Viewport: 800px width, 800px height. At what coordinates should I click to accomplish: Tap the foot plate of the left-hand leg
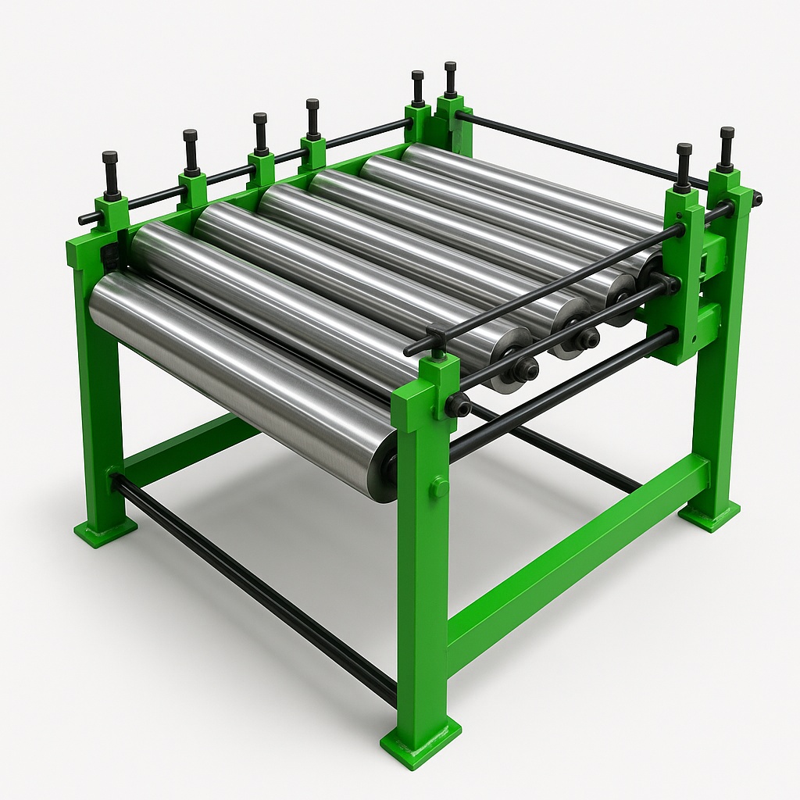tap(105, 531)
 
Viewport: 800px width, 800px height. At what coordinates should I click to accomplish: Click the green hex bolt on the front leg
tap(439, 487)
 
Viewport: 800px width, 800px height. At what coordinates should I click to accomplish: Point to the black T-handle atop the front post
tap(436, 335)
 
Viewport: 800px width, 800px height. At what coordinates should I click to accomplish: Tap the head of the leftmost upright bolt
tap(109, 157)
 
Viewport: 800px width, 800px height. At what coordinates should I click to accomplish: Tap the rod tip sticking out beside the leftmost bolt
tap(83, 218)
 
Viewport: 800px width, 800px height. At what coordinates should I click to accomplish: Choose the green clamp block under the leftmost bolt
tap(111, 213)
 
